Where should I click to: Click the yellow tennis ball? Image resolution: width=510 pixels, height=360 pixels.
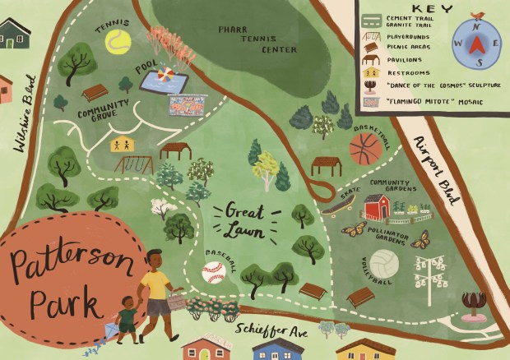118,42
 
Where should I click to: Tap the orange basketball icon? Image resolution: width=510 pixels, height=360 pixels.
365,150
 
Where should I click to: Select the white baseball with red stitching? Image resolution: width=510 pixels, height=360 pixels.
213,271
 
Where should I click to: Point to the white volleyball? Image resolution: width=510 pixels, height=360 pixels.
383,264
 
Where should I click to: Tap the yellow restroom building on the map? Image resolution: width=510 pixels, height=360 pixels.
121,143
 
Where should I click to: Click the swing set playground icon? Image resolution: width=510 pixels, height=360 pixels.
132,164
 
